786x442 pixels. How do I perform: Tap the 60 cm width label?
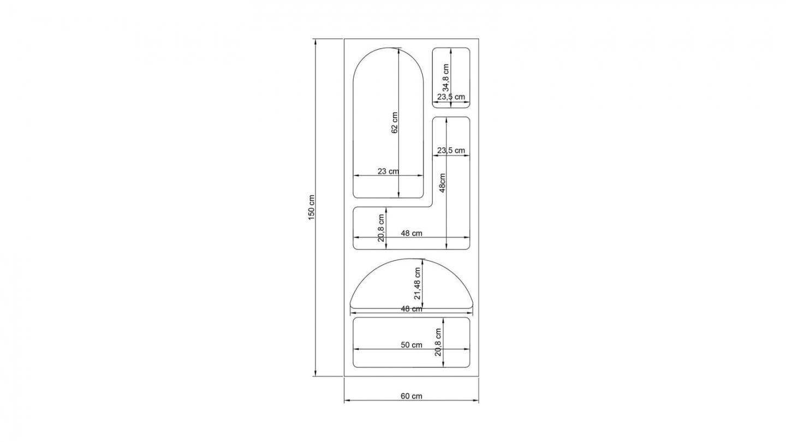click(x=411, y=396)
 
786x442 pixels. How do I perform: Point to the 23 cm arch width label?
click(x=388, y=171)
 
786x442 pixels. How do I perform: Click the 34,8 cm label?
click(x=445, y=77)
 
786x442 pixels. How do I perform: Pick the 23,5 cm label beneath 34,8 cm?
click(x=451, y=97)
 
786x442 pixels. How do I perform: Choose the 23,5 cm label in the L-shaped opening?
click(x=451, y=151)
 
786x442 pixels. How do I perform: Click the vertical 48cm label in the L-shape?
click(x=442, y=183)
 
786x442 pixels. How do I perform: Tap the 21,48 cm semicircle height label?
click(x=417, y=283)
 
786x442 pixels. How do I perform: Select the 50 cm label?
click(x=411, y=345)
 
